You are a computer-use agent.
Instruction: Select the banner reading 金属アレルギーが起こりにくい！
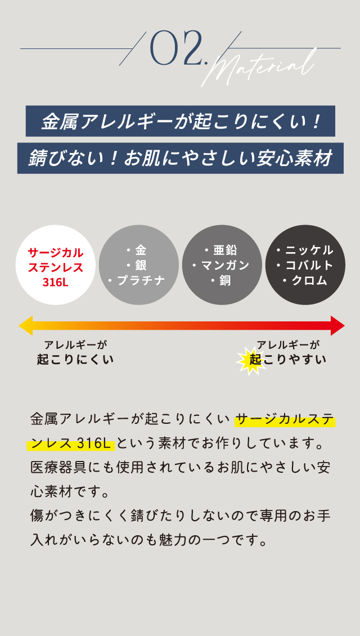(181, 121)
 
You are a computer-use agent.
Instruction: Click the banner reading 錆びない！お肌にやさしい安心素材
(181, 158)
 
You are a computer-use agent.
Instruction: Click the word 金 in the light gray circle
(140, 250)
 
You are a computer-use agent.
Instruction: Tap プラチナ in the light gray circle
(141, 280)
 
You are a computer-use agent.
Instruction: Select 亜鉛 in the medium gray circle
(225, 250)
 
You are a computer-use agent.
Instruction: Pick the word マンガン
(225, 265)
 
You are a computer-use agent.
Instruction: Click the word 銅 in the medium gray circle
(225, 280)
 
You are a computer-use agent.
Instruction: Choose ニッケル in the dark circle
(309, 250)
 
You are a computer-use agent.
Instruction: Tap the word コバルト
(309, 265)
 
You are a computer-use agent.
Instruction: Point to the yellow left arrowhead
(25, 326)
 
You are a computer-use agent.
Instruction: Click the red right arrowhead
(337, 326)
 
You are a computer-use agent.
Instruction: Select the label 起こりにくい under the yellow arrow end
(75, 360)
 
